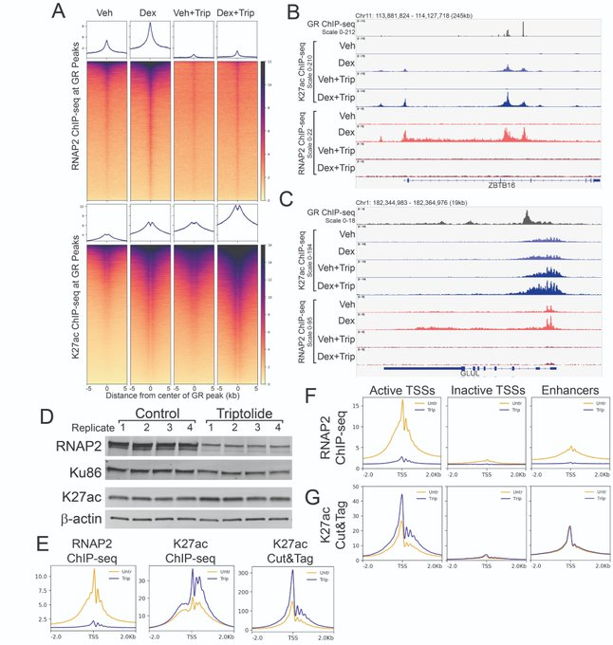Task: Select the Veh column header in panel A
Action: click(x=106, y=13)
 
